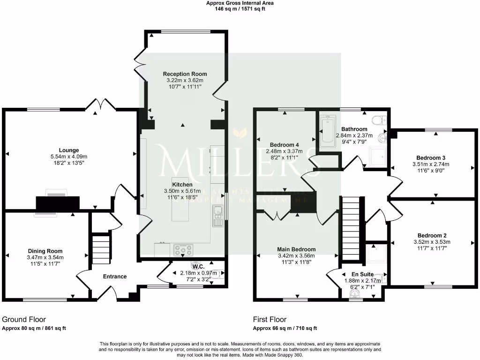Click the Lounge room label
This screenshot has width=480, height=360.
click(x=69, y=150)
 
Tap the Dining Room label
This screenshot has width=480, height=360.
click(x=45, y=251)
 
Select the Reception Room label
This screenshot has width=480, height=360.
click(x=185, y=74)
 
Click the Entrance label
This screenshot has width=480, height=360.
click(x=115, y=277)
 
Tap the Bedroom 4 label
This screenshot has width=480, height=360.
click(x=285, y=144)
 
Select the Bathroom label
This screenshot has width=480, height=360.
click(x=354, y=129)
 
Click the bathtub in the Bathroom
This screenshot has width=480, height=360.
click(x=326, y=132)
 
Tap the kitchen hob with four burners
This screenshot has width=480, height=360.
click(x=183, y=248)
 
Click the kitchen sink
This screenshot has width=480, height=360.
click(x=217, y=217)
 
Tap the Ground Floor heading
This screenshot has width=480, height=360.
click(x=22, y=319)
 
